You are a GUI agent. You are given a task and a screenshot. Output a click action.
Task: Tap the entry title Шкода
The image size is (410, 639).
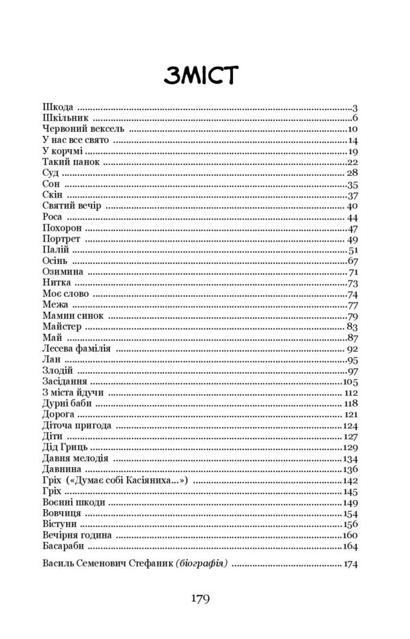[x=57, y=107]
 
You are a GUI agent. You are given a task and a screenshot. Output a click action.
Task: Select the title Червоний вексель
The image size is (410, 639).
[x=83, y=129]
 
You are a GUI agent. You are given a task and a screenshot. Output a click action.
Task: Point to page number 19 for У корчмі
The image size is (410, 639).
[x=353, y=151]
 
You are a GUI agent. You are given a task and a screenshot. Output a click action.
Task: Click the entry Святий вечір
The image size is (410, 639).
[x=71, y=206]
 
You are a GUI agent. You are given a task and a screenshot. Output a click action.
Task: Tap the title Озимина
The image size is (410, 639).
[x=62, y=272]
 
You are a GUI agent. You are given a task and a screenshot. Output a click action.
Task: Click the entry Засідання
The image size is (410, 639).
[x=64, y=382]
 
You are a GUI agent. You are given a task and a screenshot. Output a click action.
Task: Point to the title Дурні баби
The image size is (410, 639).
[x=66, y=404]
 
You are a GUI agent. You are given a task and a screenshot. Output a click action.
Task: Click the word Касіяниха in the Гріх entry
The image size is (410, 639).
[x=160, y=481]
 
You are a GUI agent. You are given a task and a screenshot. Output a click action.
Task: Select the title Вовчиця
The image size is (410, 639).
[x=61, y=514]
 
